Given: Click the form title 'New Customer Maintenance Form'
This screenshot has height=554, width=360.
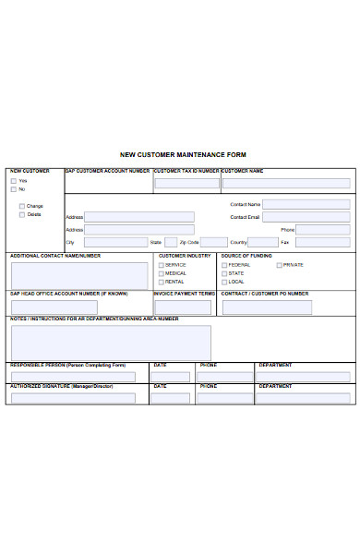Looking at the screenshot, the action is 184,155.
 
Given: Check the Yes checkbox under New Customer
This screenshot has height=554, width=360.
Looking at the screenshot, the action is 15,181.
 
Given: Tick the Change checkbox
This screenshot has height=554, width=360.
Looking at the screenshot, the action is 22,206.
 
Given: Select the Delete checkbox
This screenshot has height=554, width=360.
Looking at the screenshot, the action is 22,214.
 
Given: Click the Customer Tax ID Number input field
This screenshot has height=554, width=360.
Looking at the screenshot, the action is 186,184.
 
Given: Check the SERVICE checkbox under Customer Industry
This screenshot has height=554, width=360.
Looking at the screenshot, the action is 161,265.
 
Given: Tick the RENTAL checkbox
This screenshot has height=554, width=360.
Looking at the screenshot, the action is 161,282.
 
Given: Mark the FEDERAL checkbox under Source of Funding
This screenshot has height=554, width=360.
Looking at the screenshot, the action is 223,265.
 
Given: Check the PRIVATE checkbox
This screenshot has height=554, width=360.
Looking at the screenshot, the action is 279,265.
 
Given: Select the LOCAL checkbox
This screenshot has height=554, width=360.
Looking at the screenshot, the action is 223,282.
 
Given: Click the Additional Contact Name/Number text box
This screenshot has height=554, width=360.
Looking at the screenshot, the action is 79,275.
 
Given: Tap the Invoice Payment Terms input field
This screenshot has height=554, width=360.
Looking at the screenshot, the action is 184,305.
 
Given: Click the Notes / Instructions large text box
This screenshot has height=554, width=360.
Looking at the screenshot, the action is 111,342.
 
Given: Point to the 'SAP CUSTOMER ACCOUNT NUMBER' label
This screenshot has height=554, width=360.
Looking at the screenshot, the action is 107,171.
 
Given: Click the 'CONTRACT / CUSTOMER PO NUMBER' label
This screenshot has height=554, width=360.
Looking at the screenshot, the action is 265,294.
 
